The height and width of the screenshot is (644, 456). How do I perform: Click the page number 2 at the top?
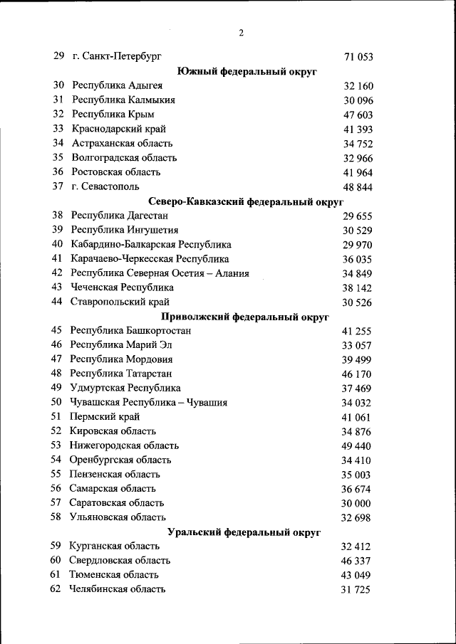pyautogui.click(x=242, y=33)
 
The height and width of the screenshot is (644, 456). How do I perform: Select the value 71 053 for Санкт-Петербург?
pyautogui.click(x=358, y=57)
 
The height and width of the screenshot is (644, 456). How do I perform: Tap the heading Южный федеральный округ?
pyautogui.click(x=247, y=71)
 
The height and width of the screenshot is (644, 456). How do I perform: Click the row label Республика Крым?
pyautogui.click(x=113, y=114)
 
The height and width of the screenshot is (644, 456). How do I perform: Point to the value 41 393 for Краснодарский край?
pyautogui.click(x=358, y=130)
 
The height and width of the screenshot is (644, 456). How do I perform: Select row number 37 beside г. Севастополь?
pyautogui.click(x=58, y=186)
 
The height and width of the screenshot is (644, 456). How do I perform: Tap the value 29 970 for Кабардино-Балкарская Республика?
pyautogui.click(x=358, y=245)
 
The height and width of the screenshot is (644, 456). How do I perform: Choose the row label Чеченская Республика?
pyautogui.click(x=123, y=287)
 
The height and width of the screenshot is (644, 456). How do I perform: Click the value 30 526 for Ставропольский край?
pyautogui.click(x=358, y=302)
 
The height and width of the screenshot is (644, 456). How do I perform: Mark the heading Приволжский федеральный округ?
pyautogui.click(x=247, y=317)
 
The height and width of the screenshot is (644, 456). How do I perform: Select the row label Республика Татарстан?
pyautogui.click(x=121, y=374)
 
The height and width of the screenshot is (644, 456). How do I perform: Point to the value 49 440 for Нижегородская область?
pyautogui.click(x=357, y=446)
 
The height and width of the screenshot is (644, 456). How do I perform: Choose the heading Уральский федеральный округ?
pyautogui.click(x=244, y=532)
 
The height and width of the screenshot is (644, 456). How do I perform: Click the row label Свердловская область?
pyautogui.click(x=120, y=561)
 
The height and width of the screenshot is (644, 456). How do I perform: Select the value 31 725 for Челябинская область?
pyautogui.click(x=356, y=590)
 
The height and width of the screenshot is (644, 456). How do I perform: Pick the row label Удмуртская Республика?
pyautogui.click(x=125, y=388)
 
